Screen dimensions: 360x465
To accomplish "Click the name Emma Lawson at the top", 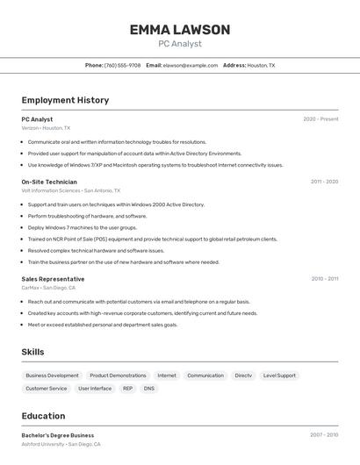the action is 179,30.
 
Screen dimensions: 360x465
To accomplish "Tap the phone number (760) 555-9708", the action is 122,65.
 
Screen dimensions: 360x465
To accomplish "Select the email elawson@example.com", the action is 190,65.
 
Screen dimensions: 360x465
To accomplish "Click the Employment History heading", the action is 65,100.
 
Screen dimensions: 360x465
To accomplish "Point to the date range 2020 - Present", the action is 320,119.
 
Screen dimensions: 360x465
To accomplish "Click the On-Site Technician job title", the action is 49,182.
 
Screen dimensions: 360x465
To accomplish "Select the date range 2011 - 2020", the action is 324,182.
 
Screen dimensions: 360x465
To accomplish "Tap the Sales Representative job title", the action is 53,279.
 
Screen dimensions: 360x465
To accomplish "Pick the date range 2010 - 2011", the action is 324,279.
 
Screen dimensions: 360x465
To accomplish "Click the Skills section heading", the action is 33,352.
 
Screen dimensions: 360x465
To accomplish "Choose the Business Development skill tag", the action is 51,376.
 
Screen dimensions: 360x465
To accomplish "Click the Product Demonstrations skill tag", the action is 118,376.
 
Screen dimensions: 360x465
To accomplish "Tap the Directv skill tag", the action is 243,376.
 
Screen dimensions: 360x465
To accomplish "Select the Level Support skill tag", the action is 279,376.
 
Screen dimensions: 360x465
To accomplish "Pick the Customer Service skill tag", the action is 46,388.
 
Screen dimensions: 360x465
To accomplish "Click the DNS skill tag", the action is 149,388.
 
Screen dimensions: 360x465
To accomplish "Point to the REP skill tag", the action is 127,388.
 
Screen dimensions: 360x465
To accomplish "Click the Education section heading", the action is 43,416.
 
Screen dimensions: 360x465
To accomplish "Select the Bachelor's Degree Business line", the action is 57,435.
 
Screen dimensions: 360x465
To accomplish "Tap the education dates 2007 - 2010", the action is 324,435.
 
